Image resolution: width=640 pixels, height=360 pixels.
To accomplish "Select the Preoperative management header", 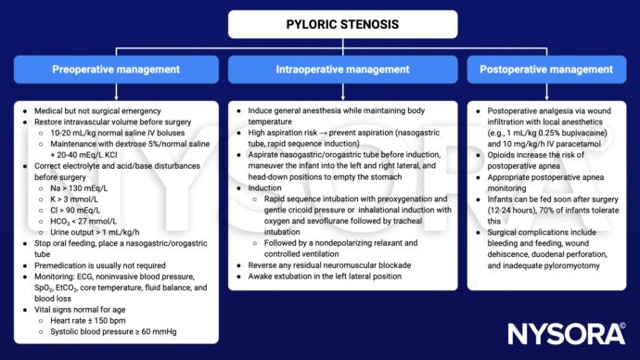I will pos(116,69).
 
